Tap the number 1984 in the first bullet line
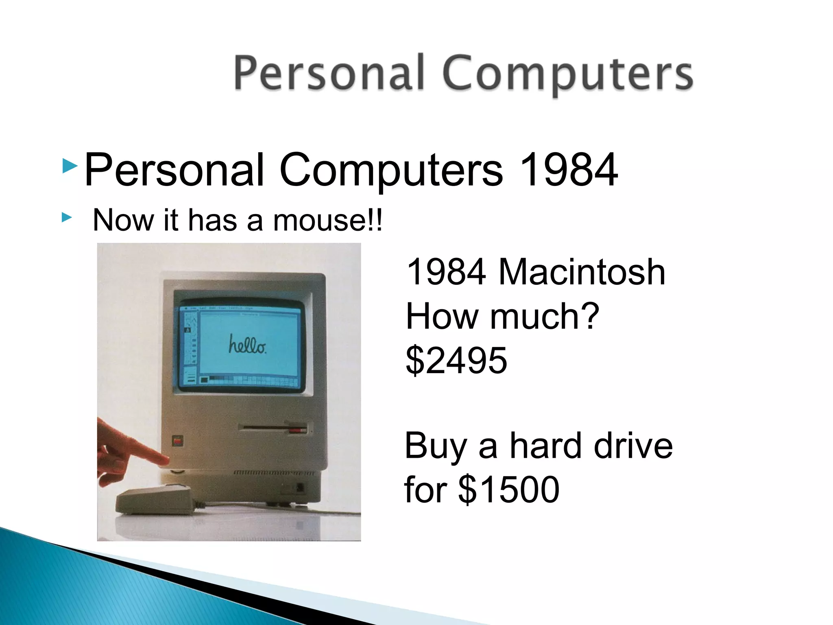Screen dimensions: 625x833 pos(568,170)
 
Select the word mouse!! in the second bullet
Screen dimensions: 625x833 pos(327,221)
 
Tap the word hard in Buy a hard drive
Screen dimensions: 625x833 pos(547,446)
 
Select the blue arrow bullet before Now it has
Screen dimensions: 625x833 pos(67,218)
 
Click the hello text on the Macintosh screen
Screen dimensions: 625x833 pos(247,344)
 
